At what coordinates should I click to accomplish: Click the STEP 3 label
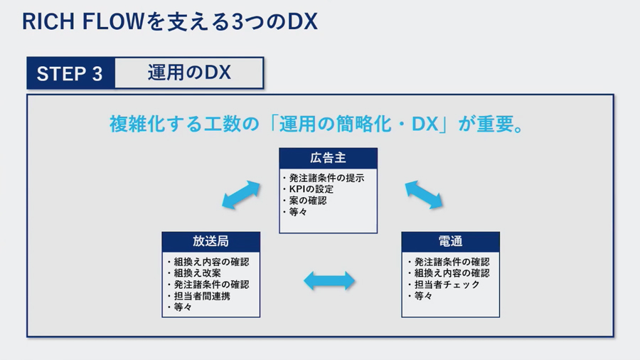point(70,73)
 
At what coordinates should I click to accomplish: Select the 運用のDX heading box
point(189,73)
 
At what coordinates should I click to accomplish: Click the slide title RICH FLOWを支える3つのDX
point(170,21)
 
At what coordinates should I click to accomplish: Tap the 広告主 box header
point(328,159)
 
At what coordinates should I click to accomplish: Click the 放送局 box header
point(210,242)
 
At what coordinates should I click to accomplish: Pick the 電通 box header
point(451,242)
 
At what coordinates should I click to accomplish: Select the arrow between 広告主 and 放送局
point(241,195)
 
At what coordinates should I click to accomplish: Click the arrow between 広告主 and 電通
point(424,195)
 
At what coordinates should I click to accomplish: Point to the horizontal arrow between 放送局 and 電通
point(329,281)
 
